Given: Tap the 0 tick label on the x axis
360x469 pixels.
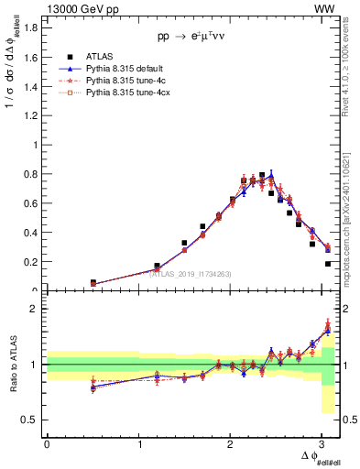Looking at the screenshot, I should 47,443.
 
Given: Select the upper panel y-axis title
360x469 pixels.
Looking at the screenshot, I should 12,92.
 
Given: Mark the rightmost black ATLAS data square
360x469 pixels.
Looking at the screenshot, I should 328,264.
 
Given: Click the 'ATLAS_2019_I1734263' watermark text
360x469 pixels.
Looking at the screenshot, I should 193,272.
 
